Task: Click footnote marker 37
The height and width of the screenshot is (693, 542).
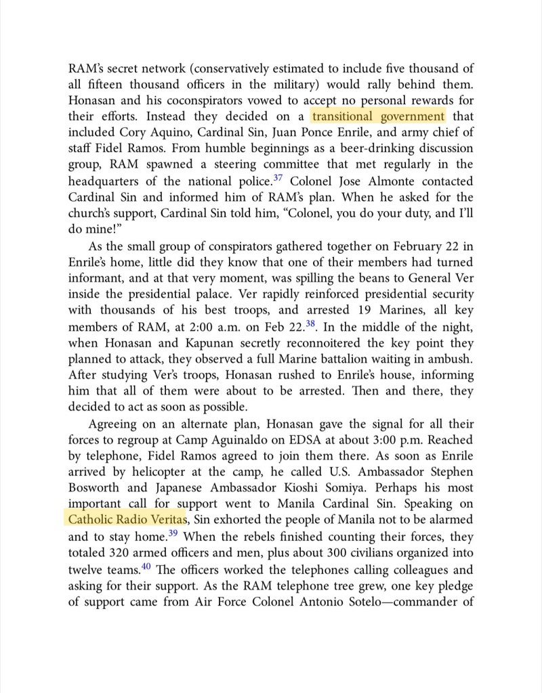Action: tap(278, 178)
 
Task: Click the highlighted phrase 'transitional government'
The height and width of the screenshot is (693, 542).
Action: tap(378, 116)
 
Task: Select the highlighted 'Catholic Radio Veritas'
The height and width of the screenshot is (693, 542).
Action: tap(127, 520)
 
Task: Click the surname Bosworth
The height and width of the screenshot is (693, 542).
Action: tap(93, 488)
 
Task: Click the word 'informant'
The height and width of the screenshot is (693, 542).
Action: tap(96, 277)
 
